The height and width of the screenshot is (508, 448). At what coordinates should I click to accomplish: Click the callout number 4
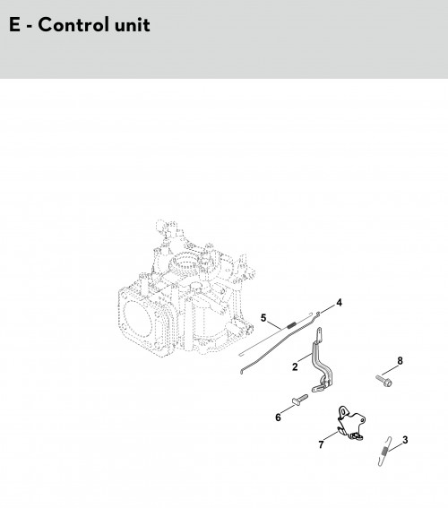point(339,303)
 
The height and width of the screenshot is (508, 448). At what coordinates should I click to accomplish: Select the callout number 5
point(263,318)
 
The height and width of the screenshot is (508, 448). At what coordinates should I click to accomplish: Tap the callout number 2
point(295,366)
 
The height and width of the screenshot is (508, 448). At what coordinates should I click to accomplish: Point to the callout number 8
point(400,360)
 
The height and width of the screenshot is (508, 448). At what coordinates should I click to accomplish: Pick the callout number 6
point(278,418)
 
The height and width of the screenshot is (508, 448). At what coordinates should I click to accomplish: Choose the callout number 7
point(321,444)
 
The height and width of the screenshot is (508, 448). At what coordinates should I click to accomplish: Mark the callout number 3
point(405,440)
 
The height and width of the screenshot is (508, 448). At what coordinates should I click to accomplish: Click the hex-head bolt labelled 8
point(384,381)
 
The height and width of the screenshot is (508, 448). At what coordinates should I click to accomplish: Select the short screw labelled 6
point(299,400)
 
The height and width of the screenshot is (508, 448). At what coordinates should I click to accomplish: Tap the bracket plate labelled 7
point(351,423)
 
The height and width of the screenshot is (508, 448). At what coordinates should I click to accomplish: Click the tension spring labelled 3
point(384,451)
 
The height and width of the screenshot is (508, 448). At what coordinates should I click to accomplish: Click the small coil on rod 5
point(291,324)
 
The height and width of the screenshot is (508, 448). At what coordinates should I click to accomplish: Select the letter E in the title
point(14,25)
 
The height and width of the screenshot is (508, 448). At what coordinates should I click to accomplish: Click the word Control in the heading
point(72,25)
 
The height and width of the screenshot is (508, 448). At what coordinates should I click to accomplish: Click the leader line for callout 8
point(390,370)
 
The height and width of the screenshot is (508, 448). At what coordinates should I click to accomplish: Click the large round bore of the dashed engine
point(138,318)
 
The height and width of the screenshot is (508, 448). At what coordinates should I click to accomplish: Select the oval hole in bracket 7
point(343,411)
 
